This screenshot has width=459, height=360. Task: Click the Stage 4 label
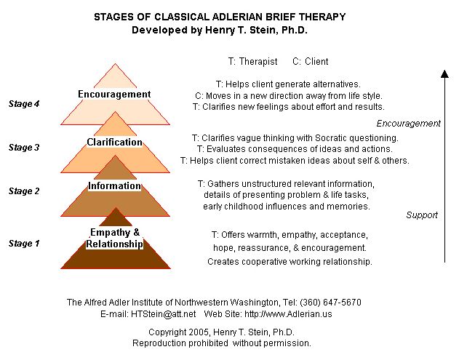[23, 104]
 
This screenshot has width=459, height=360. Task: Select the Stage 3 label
[23, 148]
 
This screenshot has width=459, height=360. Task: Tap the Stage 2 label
[23, 191]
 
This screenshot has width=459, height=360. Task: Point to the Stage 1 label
[23, 244]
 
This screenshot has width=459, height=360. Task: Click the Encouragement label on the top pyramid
[114, 95]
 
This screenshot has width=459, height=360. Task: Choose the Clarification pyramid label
[114, 142]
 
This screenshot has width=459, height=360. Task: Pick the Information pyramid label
[114, 185]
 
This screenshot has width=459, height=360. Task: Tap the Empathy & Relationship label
[114, 239]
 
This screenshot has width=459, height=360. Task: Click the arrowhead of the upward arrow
[444, 73]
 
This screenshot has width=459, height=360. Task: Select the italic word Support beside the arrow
[422, 215]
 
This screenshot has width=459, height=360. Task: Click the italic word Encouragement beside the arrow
[408, 124]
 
